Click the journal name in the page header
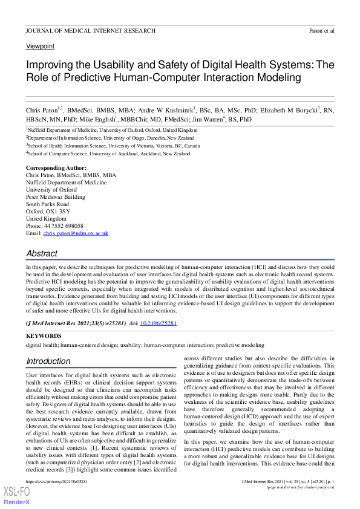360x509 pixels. [x=90, y=30]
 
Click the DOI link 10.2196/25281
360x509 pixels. [x=159, y=323]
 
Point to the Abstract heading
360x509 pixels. [x=42, y=254]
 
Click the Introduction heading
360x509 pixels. [x=48, y=361]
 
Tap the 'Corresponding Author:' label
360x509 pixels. [x=56, y=167]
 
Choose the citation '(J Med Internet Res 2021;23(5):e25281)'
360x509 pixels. [x=76, y=323]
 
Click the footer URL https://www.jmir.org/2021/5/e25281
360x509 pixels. [x=56, y=481]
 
